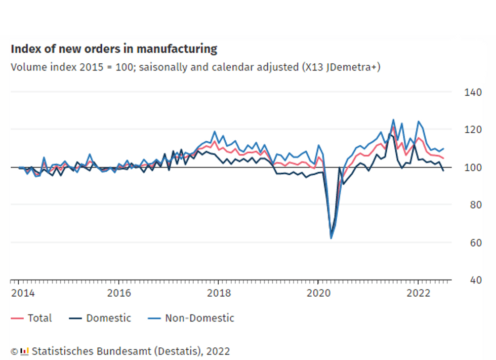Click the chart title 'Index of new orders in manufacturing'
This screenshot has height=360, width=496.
tap(114, 49)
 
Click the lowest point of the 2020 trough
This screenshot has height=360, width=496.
tap(331, 238)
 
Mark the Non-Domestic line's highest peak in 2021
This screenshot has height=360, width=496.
tap(393, 120)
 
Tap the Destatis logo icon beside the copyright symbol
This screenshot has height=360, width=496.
tap(24, 351)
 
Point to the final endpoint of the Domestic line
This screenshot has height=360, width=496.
tap(443, 171)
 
